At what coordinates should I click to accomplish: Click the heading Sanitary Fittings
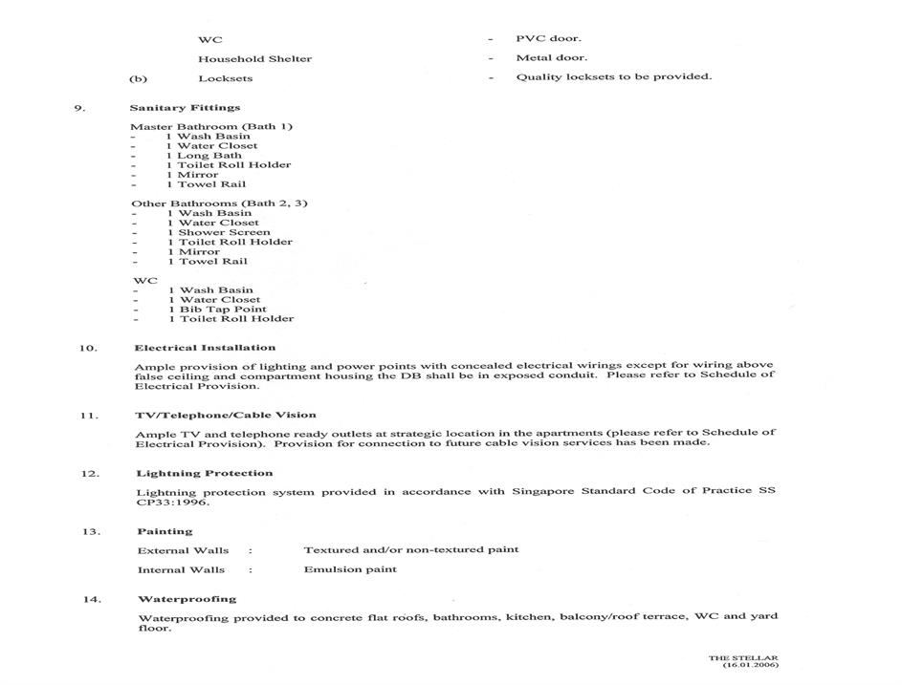pyautogui.click(x=185, y=108)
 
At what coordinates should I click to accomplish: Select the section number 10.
pyautogui.click(x=87, y=349)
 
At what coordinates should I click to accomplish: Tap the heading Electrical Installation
pyautogui.click(x=205, y=348)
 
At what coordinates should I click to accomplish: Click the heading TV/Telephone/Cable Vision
pyautogui.click(x=226, y=416)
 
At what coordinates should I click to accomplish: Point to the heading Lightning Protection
pyautogui.click(x=204, y=474)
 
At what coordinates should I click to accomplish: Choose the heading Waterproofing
pyautogui.click(x=187, y=599)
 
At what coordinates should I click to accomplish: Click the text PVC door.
pyautogui.click(x=548, y=39)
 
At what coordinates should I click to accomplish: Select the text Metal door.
pyautogui.click(x=552, y=58)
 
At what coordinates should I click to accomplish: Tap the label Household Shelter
pyautogui.click(x=254, y=59)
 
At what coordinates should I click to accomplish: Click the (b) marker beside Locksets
pyautogui.click(x=138, y=78)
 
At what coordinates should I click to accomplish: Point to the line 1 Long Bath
pyautogui.click(x=204, y=156)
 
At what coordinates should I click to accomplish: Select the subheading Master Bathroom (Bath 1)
pyautogui.click(x=211, y=127)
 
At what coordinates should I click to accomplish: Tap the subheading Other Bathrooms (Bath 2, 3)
pyautogui.click(x=219, y=203)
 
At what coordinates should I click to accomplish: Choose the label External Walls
pyautogui.click(x=183, y=550)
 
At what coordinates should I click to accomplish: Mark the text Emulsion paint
pyautogui.click(x=350, y=569)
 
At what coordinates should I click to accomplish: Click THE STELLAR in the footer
pyautogui.click(x=743, y=658)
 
